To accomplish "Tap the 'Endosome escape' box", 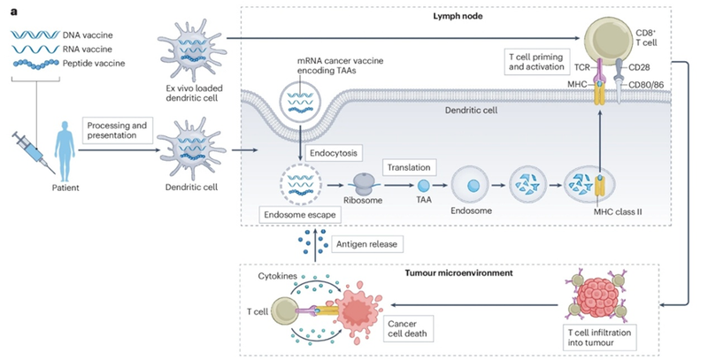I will point(289,215).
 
